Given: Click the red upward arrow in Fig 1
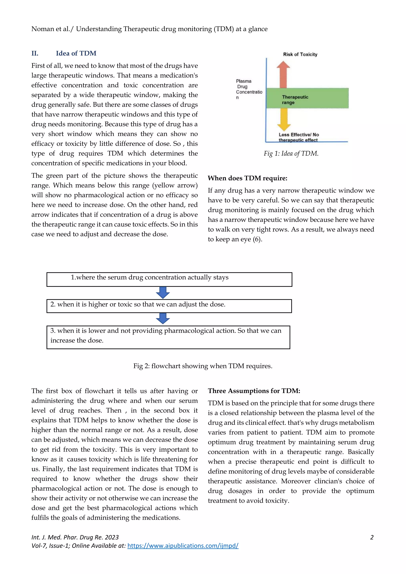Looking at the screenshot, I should tap(283, 75).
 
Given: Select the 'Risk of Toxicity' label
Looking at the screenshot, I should tap(300, 55).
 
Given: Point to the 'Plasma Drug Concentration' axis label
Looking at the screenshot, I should tap(249, 89).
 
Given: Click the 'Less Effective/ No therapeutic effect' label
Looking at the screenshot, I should tap(299, 137).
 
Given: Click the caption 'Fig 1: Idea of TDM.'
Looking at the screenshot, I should tap(291, 153).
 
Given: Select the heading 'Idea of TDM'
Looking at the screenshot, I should tap(76, 54).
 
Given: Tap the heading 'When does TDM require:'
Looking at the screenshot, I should tap(247, 178).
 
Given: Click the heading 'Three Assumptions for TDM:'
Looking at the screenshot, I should tap(254, 391).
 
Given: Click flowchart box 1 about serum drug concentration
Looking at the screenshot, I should tap(169, 279).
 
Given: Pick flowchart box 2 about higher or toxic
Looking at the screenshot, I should tap(169, 306).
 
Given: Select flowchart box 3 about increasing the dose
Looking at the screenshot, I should tap(168, 337).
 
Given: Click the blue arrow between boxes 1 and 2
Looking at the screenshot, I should tap(163, 293).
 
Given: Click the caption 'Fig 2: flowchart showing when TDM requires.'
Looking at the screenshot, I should tap(203, 366).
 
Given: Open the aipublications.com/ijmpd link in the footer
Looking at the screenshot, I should tap(183, 545).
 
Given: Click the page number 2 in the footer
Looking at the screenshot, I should tap(372, 537).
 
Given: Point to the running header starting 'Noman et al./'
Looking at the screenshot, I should tap(149, 29).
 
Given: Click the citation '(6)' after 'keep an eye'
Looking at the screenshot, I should tap(257, 239).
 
